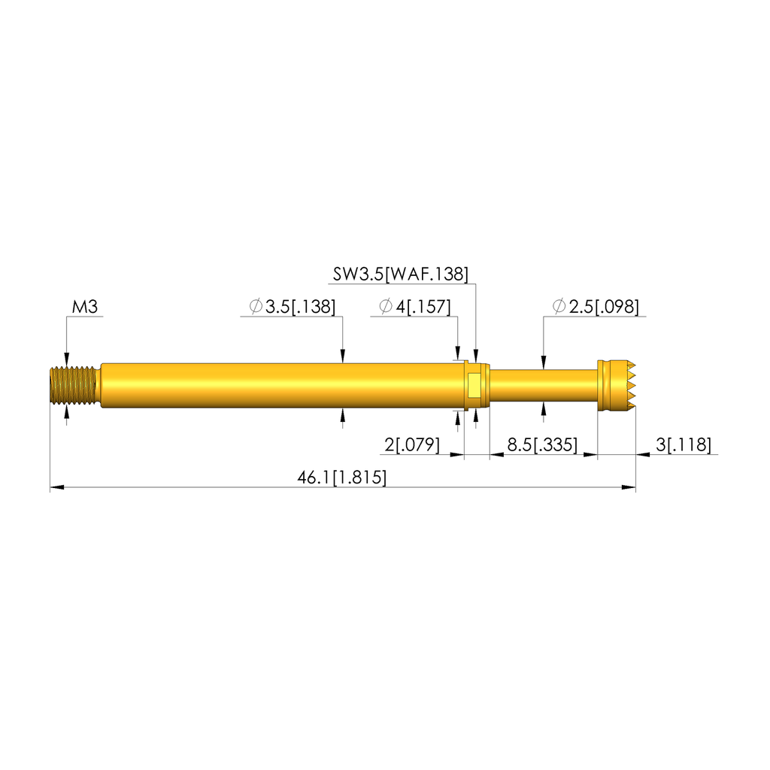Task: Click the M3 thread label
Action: click(x=86, y=307)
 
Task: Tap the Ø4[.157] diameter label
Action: click(x=414, y=307)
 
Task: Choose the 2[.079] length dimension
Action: click(x=412, y=445)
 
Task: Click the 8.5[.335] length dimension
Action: click(x=541, y=445)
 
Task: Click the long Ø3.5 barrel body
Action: click(x=278, y=385)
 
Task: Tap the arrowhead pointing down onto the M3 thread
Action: click(x=67, y=359)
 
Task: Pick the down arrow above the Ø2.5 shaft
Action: click(x=543, y=362)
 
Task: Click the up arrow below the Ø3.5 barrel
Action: click(x=343, y=413)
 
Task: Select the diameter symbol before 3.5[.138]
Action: click(x=255, y=307)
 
